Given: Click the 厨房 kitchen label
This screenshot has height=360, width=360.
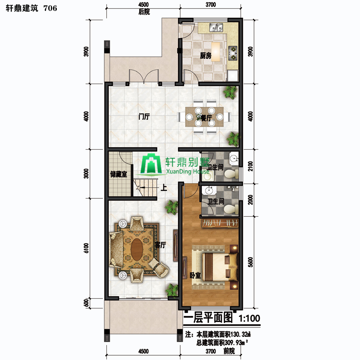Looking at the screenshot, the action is tap(206, 56).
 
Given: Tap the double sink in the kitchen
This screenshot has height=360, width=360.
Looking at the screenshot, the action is tap(216, 28).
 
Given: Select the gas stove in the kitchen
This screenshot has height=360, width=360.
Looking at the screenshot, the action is tap(233, 53).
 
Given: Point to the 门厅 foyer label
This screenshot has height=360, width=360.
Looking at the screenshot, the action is tap(144, 117).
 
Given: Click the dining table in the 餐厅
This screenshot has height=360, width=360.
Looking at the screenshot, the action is tap(204, 117).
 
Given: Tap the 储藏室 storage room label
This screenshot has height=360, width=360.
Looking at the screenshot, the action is tap(118, 174).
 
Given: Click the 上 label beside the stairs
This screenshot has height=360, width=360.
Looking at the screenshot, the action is tap(164, 188).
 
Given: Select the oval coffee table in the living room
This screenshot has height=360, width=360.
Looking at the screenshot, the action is tap(137, 249).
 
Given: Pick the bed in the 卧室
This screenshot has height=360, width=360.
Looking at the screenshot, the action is tap(219, 266).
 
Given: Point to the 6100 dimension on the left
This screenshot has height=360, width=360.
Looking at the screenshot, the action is tap(86, 248).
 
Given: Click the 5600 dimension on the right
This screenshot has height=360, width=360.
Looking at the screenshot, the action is tap(250, 262).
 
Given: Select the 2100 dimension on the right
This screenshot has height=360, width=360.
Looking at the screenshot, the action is tap(250, 166).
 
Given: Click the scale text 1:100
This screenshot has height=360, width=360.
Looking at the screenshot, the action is tap(249, 318).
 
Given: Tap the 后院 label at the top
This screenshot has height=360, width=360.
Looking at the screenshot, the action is tap(144, 12).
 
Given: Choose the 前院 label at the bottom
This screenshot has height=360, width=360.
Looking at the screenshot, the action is tap(229, 351).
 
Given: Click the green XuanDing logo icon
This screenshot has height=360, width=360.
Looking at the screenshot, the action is tap(151, 164).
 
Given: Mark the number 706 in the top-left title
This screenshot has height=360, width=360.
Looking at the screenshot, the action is tap(50, 8).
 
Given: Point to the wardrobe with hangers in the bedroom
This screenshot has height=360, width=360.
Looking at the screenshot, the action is tap(220, 223).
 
